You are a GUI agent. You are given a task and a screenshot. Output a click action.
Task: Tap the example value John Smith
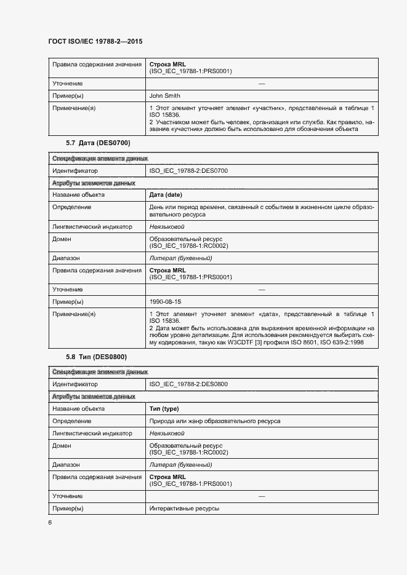coord(164,95)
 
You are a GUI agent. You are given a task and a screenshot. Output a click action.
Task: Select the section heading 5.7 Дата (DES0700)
coord(98,143)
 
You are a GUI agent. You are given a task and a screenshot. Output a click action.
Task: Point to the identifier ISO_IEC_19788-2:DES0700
coord(188,170)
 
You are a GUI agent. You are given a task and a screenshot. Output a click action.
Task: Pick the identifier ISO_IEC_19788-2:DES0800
coord(188,384)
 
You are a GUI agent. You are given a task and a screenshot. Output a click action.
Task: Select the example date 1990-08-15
coord(165,302)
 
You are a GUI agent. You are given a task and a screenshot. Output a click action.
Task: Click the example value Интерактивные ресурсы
coord(184,509)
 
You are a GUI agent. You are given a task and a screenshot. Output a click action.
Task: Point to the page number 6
coord(50,523)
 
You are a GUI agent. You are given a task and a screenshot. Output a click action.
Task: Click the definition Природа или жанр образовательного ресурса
coord(215,421)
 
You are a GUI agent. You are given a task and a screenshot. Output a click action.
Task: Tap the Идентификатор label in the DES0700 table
coord(75,170)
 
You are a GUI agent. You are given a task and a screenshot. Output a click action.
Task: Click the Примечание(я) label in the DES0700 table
coord(74,314)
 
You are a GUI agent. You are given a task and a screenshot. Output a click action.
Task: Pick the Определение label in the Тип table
coord(72,421)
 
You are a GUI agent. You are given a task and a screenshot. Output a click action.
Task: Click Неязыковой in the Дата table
coord(167,227)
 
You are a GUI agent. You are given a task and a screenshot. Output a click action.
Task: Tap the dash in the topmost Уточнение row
coord(262,83)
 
